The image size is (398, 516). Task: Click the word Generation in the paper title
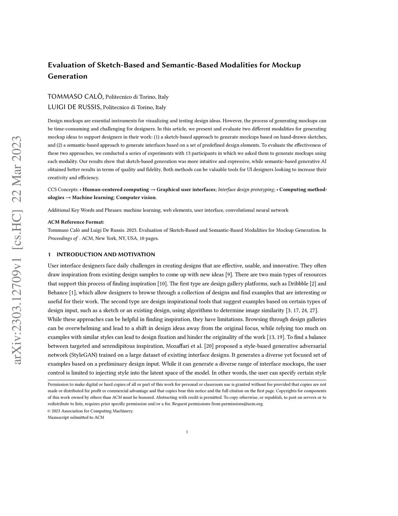tap(68, 76)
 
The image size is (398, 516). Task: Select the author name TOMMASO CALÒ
tap(75, 97)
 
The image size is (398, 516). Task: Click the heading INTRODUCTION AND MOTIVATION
tap(106, 255)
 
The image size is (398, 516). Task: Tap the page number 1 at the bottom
tap(187, 431)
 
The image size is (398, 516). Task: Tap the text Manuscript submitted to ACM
tap(76, 417)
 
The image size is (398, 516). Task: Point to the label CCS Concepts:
tap(62, 190)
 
